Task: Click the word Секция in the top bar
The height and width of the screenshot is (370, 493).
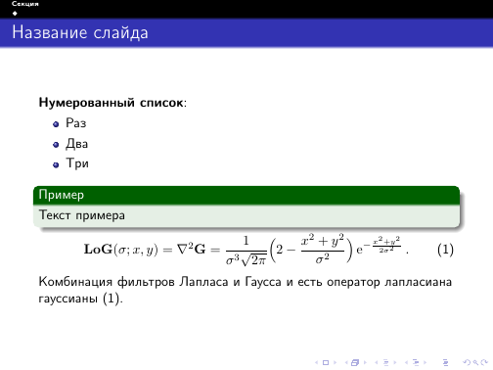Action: point(20,5)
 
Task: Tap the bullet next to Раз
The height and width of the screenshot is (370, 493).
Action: point(58,123)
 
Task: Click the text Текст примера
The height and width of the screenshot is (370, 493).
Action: point(82,212)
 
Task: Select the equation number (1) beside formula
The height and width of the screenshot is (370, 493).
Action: point(445,251)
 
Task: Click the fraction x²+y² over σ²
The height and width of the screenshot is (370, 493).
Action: point(322,251)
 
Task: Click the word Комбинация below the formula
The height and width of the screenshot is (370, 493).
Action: point(74,282)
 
